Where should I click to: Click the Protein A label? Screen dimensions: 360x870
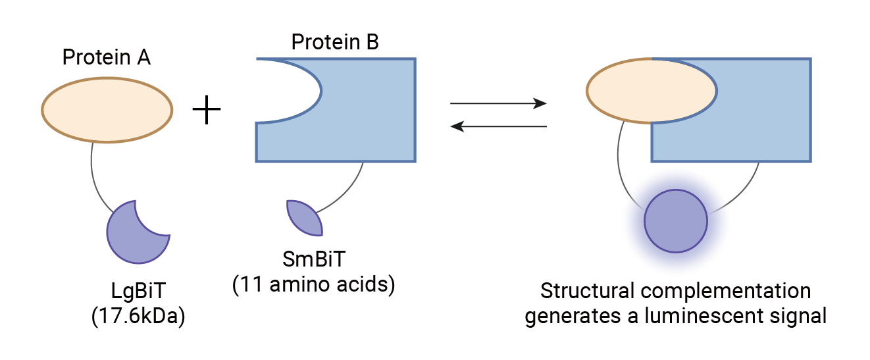pos(106,57)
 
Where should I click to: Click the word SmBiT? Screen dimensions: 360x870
pos(313,260)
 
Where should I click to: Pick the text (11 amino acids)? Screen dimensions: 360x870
pos(313,285)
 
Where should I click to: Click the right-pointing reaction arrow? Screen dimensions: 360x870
pos(498,103)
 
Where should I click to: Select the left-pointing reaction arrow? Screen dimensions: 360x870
pos(498,126)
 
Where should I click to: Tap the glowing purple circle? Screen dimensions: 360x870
pos(675,220)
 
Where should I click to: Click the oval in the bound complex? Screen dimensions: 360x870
pos(651,91)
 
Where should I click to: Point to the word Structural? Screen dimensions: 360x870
pos(582,292)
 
